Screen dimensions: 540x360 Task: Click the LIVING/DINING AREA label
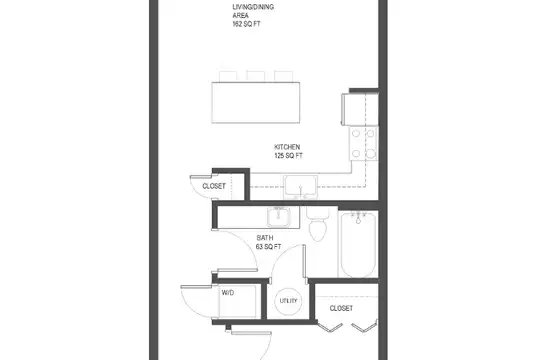253,11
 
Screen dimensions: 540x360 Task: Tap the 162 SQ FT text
246,24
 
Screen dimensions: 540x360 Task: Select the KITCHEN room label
287,147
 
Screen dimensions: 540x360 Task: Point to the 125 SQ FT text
288,156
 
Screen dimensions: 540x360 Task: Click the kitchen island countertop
256,102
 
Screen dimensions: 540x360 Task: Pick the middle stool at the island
256,76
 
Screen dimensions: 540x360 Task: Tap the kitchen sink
300,187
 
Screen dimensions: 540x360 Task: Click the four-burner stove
363,143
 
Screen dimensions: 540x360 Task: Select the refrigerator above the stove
360,109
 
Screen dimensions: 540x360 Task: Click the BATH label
265,238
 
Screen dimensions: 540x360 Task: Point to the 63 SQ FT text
268,247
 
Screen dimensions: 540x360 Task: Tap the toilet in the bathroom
318,224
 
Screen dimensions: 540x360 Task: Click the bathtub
358,245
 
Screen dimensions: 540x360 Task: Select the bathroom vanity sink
278,217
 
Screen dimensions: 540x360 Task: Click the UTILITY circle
288,301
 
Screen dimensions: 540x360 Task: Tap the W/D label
228,292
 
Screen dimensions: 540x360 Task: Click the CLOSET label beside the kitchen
214,186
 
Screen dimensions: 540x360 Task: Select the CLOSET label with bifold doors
341,308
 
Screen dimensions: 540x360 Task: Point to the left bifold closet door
330,328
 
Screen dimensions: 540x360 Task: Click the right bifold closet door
364,327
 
